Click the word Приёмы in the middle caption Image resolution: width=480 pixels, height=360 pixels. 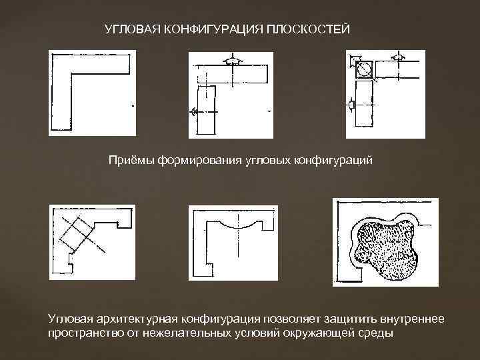(131, 161)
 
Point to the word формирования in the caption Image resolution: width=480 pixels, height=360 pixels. (193, 161)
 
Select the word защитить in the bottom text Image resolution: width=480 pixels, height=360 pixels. (332, 320)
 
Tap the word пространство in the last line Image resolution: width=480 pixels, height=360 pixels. (82, 333)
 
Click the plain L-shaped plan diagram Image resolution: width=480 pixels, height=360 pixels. (73, 87)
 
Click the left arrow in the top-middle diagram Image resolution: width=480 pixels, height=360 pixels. (194, 111)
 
